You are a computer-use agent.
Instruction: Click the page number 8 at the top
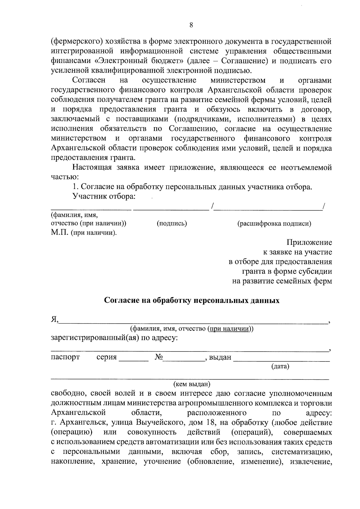tap(191, 25)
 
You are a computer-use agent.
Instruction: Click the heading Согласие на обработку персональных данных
tap(191, 301)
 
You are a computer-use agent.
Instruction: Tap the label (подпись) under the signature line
tap(172, 223)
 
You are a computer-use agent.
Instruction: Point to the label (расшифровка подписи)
tap(274, 223)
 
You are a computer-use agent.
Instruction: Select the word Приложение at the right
tap(309, 242)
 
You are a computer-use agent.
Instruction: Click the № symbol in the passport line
tap(159, 357)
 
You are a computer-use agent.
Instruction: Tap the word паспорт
tap(65, 357)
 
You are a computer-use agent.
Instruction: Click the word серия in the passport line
tap(106, 357)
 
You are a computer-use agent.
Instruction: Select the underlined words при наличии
tap(229, 328)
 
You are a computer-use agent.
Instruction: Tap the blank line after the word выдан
tap(281, 359)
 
